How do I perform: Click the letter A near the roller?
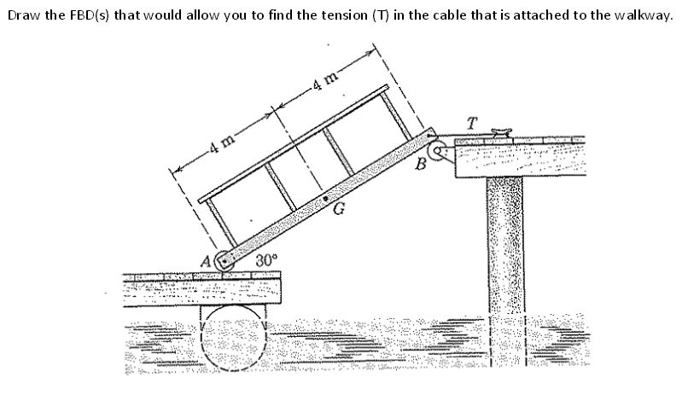click(x=205, y=259)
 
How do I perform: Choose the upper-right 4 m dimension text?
click(x=323, y=84)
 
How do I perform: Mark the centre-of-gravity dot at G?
click(x=326, y=201)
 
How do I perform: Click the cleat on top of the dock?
click(x=499, y=131)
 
